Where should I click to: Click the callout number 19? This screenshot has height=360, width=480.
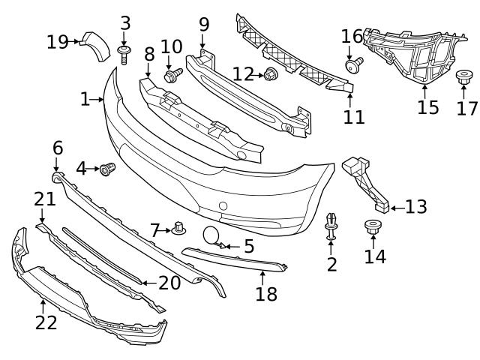point(57,41)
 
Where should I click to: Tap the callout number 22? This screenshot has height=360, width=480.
point(46,322)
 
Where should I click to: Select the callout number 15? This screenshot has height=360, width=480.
point(427,108)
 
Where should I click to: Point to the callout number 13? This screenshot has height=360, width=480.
point(416,206)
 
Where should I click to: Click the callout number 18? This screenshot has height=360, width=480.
point(266,294)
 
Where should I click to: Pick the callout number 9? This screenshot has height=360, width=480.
point(204,25)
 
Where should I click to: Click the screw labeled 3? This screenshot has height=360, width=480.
point(124,52)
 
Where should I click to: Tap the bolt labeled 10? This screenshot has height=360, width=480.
point(172,75)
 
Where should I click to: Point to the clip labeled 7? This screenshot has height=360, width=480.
point(178,228)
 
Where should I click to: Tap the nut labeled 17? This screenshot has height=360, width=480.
point(463,76)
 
